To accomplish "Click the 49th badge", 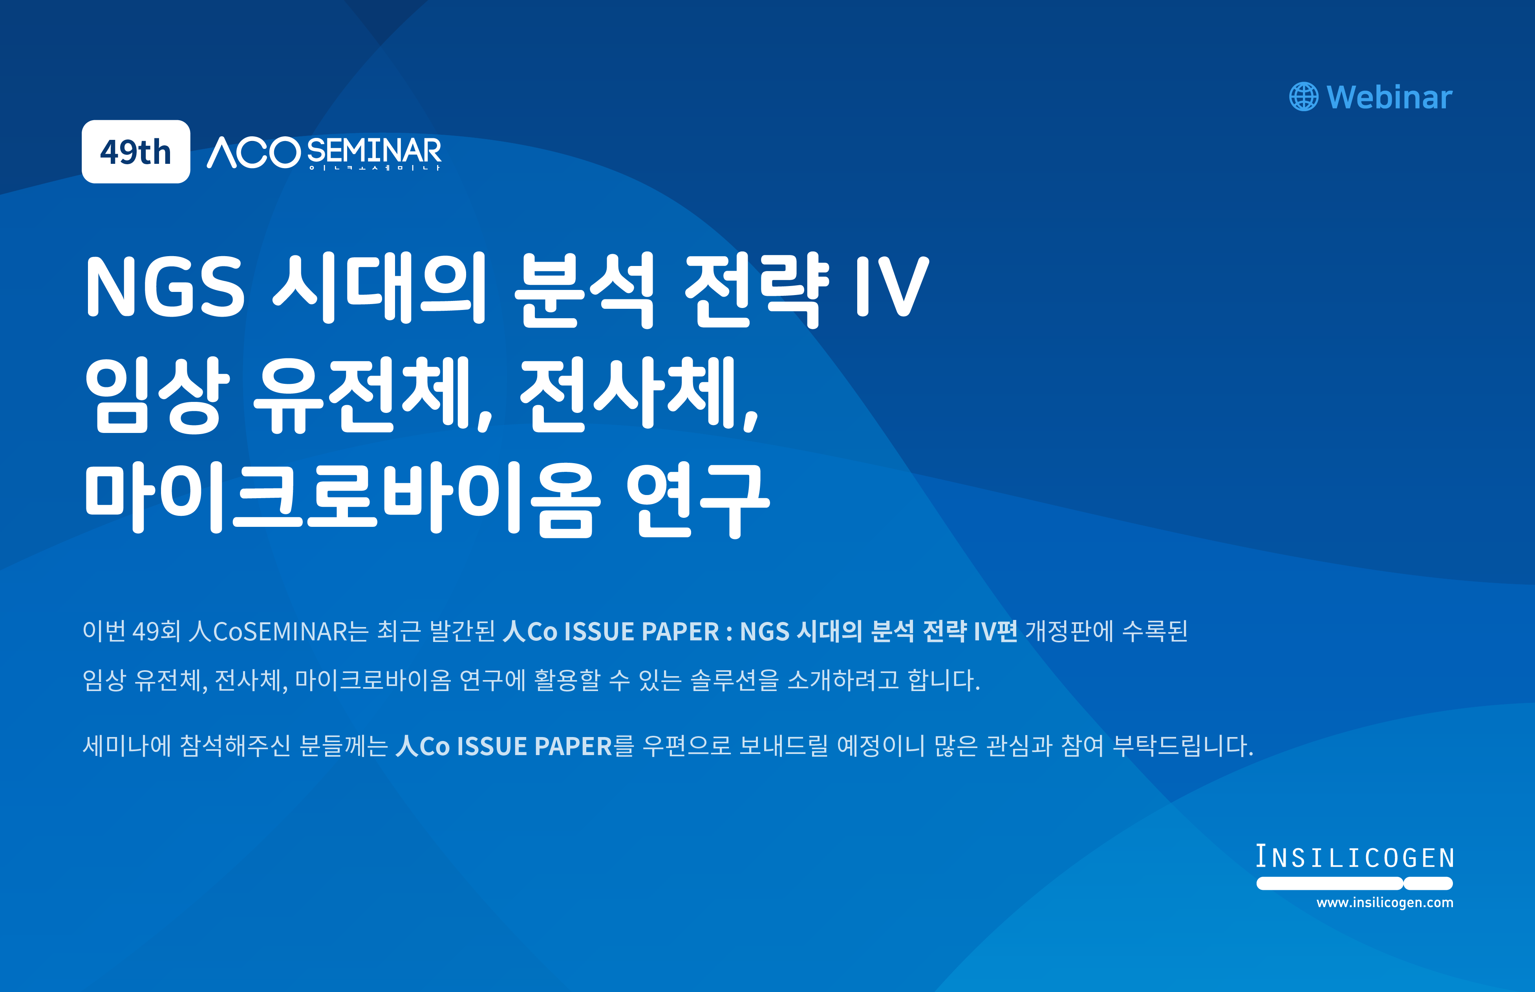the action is click(136, 152).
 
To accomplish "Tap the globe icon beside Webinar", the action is click(1304, 97).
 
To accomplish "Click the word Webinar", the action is click(1389, 97).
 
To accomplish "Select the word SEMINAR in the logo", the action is click(374, 151).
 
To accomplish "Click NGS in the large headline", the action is click(165, 287).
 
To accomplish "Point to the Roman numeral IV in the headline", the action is click(893, 287).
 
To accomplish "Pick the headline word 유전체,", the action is click(373, 394).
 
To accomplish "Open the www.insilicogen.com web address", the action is click(1385, 902).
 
